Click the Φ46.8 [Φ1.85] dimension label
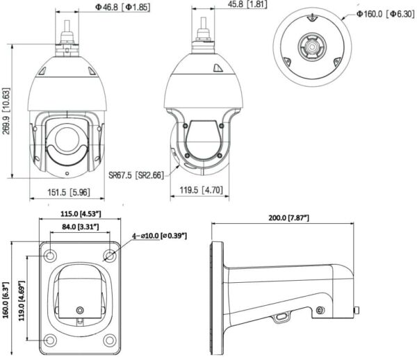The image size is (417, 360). click(122, 7)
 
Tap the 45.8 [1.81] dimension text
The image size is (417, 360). click(247, 4)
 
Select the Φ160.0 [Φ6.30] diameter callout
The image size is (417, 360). click(385, 14)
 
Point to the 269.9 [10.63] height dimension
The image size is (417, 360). click(6, 111)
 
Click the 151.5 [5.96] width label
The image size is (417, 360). click(69, 192)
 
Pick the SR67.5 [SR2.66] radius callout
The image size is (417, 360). click(136, 175)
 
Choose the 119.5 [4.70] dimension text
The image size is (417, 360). click(201, 190)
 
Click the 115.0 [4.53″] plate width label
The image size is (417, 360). click(81, 213)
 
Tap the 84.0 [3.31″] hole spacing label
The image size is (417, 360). click(81, 227)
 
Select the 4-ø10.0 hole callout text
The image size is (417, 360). click(160, 236)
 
